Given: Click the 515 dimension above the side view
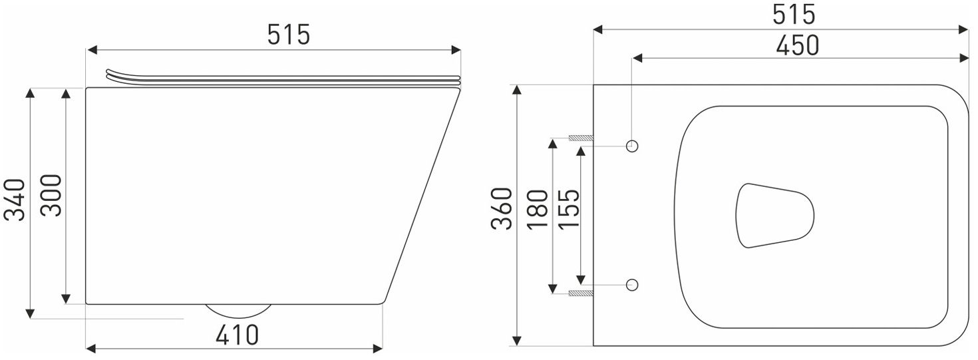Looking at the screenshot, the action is click(x=289, y=35).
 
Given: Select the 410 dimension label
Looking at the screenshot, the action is click(x=237, y=335).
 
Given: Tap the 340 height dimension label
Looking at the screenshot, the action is click(x=15, y=200).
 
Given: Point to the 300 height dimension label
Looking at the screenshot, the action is click(x=51, y=195).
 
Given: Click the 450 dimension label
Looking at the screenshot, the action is click(x=797, y=45).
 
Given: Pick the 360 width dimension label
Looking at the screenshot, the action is click(x=501, y=208).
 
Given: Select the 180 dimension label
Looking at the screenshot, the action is click(x=537, y=209).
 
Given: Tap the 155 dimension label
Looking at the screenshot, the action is click(x=570, y=209).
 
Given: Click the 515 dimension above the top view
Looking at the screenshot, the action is click(x=794, y=15).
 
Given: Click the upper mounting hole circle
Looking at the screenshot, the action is click(x=632, y=146).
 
